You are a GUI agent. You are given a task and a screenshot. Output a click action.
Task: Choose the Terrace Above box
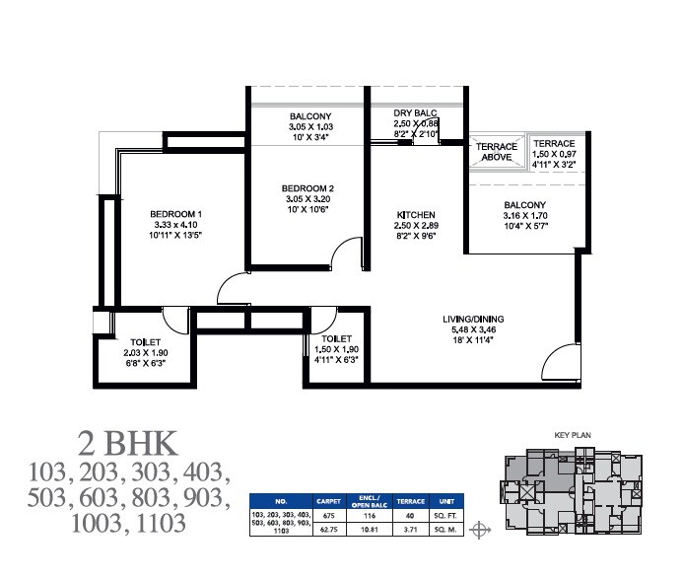497,152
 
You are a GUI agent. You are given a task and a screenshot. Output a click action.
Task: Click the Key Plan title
572,432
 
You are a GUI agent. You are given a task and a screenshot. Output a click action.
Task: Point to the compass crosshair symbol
480,531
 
